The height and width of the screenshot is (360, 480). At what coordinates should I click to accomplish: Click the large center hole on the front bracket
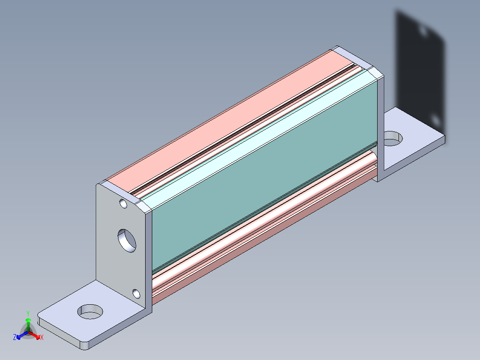click(x=127, y=241)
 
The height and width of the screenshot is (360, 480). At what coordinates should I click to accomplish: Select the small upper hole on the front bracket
click(x=123, y=205)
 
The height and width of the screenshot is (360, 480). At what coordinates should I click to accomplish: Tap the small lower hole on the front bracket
click(x=136, y=294)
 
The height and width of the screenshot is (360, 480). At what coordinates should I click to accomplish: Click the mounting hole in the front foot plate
click(x=91, y=311)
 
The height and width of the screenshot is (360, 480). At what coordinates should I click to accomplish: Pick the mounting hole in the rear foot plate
click(x=392, y=138)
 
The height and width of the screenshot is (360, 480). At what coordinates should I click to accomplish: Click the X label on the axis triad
click(x=42, y=337)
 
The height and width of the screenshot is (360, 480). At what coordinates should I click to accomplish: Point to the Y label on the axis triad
click(x=28, y=313)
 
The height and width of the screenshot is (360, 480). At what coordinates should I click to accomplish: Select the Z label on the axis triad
click(x=15, y=337)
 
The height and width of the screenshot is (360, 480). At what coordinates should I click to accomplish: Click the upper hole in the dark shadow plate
click(x=423, y=31)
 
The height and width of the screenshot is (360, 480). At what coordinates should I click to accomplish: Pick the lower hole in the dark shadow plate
click(x=436, y=120)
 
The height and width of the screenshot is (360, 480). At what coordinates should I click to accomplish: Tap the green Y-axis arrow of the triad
click(x=28, y=323)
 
